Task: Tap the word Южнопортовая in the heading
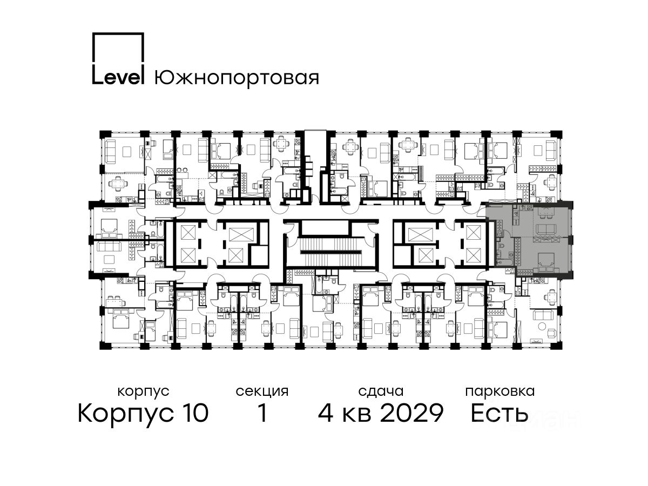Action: click(x=237, y=78)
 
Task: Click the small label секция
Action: click(x=262, y=392)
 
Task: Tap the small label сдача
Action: click(x=381, y=392)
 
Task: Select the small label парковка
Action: click(x=500, y=392)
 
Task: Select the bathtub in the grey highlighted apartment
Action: click(x=504, y=262)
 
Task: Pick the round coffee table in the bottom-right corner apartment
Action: click(x=542, y=326)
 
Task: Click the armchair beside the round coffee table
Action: click(x=552, y=333)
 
